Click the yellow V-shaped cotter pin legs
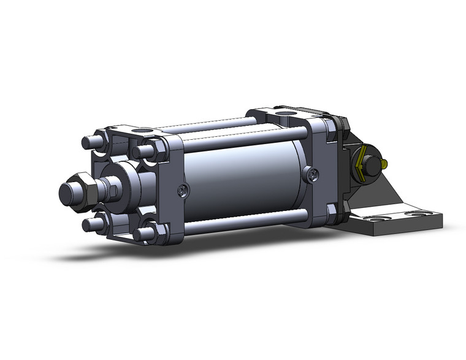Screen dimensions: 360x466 pos(361,161)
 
